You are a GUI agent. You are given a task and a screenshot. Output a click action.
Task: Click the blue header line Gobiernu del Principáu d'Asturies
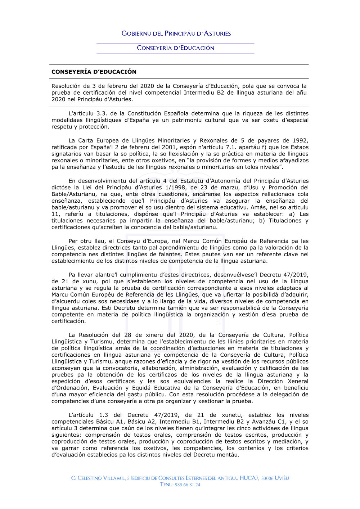coord(176,33)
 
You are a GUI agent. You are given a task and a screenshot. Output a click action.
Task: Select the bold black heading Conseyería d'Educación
coord(94,72)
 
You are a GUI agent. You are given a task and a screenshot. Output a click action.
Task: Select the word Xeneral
coord(298,381)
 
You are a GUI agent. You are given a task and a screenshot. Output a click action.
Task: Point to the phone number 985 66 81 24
coord(187,485)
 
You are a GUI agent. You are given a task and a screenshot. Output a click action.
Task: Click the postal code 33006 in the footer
coord(267,478)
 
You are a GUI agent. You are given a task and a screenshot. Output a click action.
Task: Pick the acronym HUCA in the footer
coord(248,478)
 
